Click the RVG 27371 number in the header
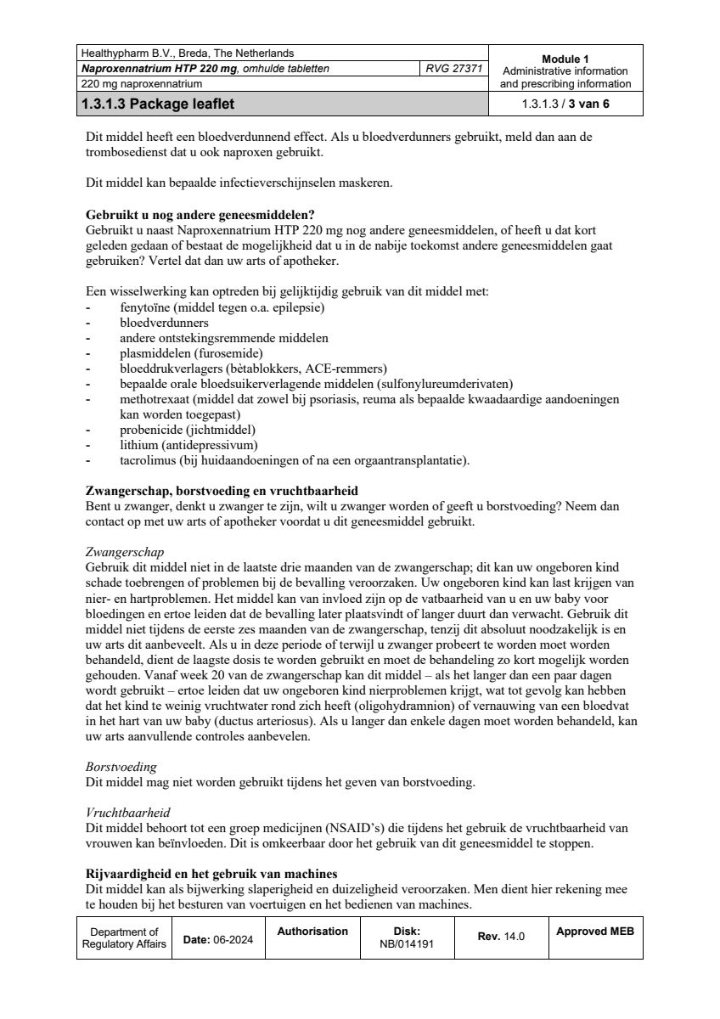pos(454,69)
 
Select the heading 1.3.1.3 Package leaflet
pos(158,105)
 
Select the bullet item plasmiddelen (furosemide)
pos(191,353)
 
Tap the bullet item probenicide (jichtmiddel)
pos(188,430)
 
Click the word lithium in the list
pos(138,445)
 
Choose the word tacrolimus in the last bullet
pos(149,460)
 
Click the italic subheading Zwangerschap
pos(125,552)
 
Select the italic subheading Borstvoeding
pos(121,766)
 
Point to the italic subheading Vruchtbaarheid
pos(128,813)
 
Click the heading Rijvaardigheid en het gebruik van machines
pos(211,874)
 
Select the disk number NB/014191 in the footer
pos(407,943)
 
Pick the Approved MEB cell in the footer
pos(594,932)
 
